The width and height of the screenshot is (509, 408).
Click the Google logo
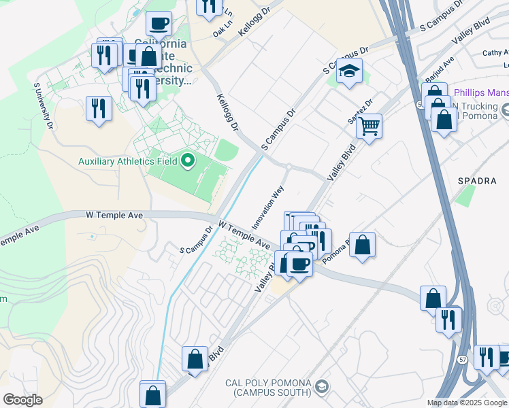[x=22, y=400]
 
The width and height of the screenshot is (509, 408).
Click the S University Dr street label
[x=42, y=105]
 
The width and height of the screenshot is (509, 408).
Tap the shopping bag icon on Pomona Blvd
[x=363, y=245]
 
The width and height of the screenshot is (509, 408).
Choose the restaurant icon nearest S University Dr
[x=99, y=108]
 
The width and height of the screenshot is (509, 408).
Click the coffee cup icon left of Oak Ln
[x=159, y=24]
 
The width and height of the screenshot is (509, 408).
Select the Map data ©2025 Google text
[x=466, y=403]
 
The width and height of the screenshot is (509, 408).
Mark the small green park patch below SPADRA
[x=465, y=197]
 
